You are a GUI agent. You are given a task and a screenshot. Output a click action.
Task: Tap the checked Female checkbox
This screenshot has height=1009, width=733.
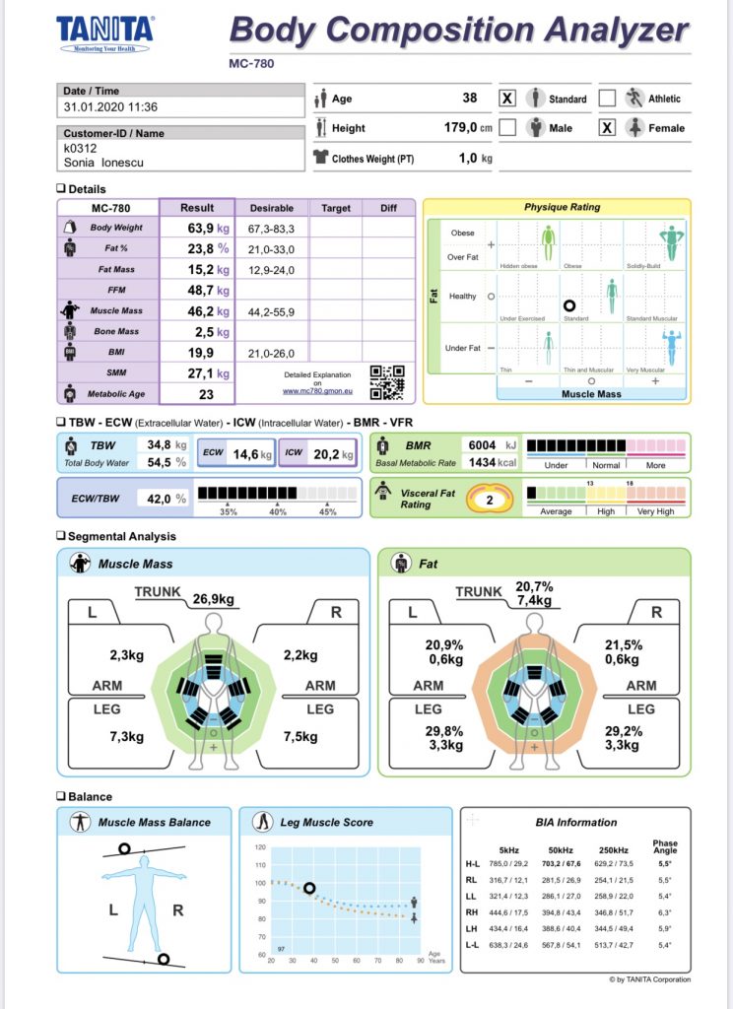[x=607, y=128]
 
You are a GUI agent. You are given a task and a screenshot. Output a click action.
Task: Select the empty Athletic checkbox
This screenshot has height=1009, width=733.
[x=607, y=99]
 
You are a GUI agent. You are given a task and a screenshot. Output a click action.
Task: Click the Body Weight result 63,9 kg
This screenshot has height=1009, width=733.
[x=206, y=228]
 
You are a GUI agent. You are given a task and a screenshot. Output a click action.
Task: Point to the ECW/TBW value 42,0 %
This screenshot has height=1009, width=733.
[x=166, y=499]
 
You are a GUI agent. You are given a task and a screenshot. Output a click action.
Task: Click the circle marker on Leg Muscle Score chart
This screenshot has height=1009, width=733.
[x=309, y=888]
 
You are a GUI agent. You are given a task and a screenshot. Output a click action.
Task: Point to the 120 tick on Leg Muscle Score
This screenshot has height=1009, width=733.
[x=260, y=847]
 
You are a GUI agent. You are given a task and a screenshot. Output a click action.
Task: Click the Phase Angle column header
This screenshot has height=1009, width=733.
[x=665, y=847]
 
